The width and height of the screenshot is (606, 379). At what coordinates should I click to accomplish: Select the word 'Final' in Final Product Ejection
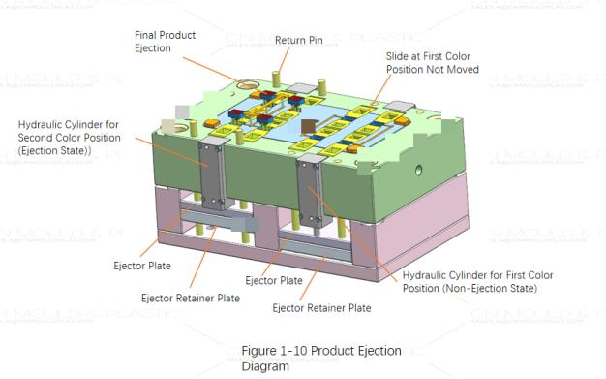(x=146, y=35)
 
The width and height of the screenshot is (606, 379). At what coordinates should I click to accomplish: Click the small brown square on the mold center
(x=308, y=127)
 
